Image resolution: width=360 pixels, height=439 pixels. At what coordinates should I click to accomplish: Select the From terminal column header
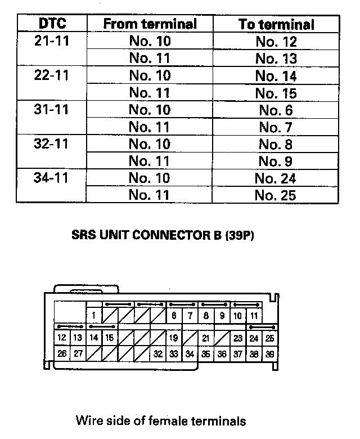pyautogui.click(x=150, y=24)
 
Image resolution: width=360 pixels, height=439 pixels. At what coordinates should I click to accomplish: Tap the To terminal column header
pyautogui.click(x=276, y=24)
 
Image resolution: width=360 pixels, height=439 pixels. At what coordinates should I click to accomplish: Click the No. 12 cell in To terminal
pyautogui.click(x=276, y=41)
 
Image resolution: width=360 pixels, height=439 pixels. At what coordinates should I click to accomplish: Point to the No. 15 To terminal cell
pyautogui.click(x=276, y=93)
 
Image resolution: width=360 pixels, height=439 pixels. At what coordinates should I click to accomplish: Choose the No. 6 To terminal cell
pyautogui.click(x=276, y=110)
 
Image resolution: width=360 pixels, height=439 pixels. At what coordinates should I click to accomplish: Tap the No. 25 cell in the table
pyautogui.click(x=276, y=196)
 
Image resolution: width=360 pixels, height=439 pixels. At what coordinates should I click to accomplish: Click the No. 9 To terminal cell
pyautogui.click(x=276, y=162)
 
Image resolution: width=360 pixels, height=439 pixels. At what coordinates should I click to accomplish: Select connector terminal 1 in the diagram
pyautogui.click(x=94, y=316)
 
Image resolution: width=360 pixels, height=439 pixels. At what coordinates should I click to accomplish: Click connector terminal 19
pyautogui.click(x=174, y=338)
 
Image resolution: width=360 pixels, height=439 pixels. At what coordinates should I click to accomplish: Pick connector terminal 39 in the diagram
pyautogui.click(x=271, y=354)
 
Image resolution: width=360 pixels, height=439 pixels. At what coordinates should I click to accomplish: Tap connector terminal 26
pyautogui.click(x=62, y=354)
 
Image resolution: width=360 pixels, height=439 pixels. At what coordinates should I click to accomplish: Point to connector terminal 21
pyautogui.click(x=206, y=338)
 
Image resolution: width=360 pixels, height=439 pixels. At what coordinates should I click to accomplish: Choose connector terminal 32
pyautogui.click(x=158, y=354)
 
